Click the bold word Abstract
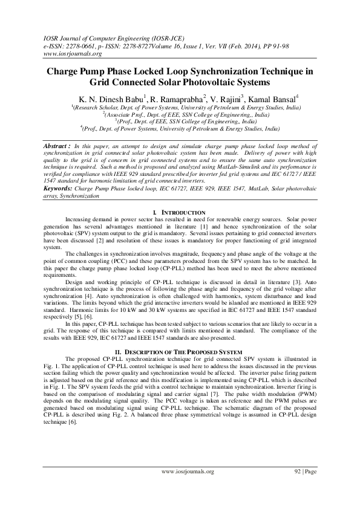coord(56,147)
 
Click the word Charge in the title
coord(64,71)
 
